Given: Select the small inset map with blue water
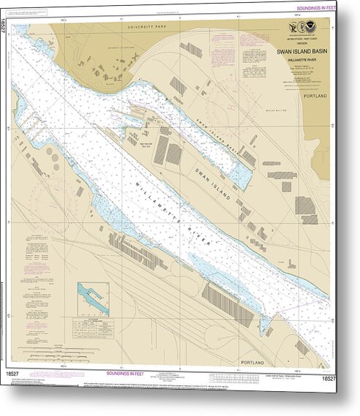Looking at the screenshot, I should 94,299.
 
